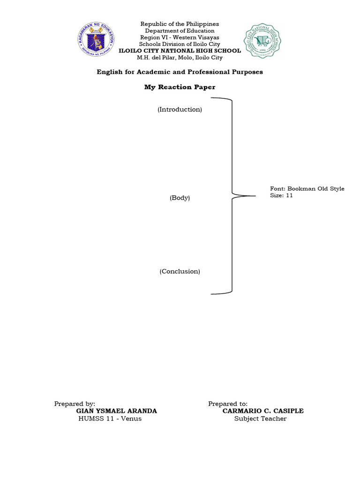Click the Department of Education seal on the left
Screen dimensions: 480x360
click(96, 41)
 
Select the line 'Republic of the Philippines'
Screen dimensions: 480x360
click(180, 24)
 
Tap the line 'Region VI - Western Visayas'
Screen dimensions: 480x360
click(180, 37)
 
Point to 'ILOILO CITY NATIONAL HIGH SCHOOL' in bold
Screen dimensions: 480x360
click(180, 51)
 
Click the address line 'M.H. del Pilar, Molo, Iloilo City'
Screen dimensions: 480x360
click(180, 58)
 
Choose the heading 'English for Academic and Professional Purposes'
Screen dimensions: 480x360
click(180, 72)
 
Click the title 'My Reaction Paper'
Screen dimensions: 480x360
click(180, 87)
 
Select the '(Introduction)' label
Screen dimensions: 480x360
click(180, 109)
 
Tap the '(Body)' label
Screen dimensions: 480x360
click(180, 198)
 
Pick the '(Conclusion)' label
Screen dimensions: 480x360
click(180, 271)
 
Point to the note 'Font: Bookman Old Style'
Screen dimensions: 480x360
click(307, 188)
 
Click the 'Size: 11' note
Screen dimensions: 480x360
click(281, 195)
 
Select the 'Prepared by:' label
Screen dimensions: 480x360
click(75, 404)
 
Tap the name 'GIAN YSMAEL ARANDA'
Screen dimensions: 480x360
click(116, 411)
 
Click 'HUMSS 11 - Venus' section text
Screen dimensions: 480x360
click(110, 419)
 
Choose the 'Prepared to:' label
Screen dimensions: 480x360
click(228, 404)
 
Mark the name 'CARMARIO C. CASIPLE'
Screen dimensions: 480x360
click(263, 411)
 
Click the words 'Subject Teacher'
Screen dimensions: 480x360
click(260, 419)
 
